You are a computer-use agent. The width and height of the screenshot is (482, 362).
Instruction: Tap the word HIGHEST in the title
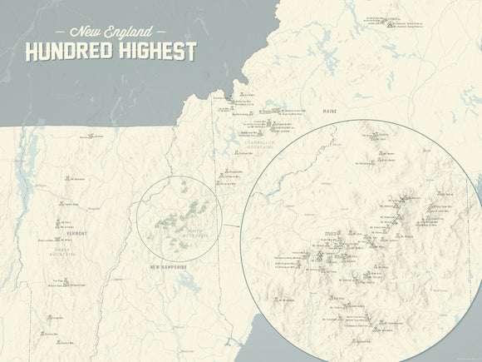point(158,52)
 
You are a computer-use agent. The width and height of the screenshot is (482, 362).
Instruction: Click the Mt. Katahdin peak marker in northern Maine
point(390,22)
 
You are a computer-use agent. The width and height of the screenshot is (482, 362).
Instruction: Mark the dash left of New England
point(57,30)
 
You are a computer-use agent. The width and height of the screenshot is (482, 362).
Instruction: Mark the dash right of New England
point(165,30)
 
